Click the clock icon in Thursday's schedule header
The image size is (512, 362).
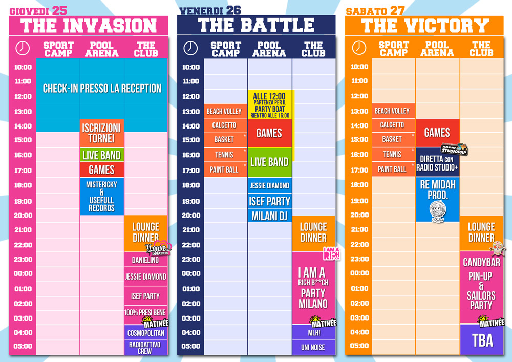(23, 48)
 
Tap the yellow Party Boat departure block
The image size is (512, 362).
(270, 104)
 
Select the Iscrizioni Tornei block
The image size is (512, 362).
(101, 133)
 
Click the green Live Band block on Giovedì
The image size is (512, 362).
(101, 155)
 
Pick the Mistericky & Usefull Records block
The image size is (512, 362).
(101, 196)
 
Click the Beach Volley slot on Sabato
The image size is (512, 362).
(393, 111)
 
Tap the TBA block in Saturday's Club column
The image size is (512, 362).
(482, 340)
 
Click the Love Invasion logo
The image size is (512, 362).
(157, 249)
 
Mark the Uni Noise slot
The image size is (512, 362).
(313, 347)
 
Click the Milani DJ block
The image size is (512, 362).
(269, 216)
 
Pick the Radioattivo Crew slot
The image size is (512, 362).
(145, 348)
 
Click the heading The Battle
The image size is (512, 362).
(256, 25)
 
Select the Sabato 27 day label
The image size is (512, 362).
(375, 11)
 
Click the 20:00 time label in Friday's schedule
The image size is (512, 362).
(191, 216)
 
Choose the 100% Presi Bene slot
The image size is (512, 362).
(145, 312)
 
